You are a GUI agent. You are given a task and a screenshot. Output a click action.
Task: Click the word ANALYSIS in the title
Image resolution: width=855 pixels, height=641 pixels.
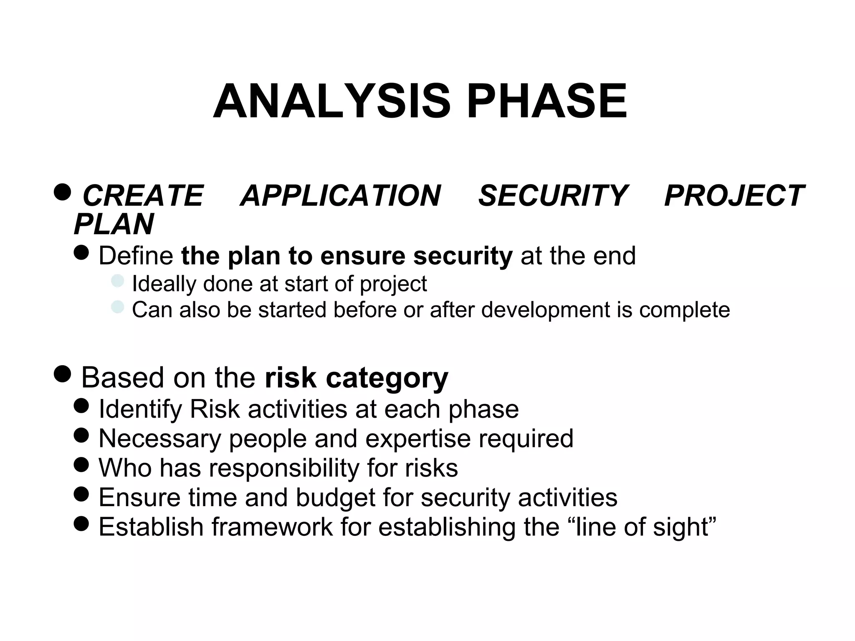point(331,101)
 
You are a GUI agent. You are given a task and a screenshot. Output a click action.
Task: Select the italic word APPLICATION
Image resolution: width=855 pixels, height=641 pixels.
point(340,195)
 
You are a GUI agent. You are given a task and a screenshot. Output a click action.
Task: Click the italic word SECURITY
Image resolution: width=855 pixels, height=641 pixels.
point(552,195)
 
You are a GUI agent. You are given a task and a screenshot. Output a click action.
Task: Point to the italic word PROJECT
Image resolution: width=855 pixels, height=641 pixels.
point(734,195)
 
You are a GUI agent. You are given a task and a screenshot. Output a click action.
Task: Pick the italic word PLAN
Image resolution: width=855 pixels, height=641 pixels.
point(114,224)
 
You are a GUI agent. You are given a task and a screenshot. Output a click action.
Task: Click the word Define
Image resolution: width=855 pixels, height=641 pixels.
point(136,255)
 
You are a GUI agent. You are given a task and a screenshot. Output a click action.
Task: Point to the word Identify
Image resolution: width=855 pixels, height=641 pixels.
point(140,409)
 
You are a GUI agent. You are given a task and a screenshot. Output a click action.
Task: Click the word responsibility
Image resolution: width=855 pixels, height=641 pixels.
point(284,468)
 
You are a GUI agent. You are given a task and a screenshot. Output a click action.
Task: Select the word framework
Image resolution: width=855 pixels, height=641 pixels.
point(272,527)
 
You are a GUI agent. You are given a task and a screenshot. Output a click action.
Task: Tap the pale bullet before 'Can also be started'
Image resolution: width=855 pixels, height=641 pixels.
point(118,307)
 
